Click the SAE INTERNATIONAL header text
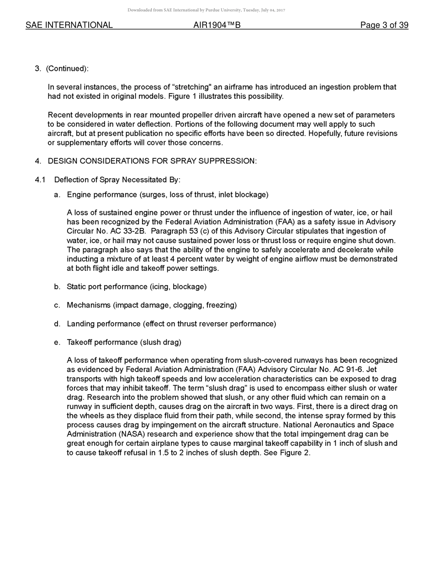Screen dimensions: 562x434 point(69,25)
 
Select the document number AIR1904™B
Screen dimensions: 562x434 point(217,25)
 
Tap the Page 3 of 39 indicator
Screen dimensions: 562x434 point(384,25)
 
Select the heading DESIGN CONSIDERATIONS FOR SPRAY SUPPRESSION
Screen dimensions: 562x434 point(152,161)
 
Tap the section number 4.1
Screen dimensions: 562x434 point(40,180)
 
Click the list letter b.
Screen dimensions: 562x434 point(57,286)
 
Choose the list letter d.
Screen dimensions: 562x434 point(57,323)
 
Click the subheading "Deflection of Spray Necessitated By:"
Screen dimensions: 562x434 point(117,180)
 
